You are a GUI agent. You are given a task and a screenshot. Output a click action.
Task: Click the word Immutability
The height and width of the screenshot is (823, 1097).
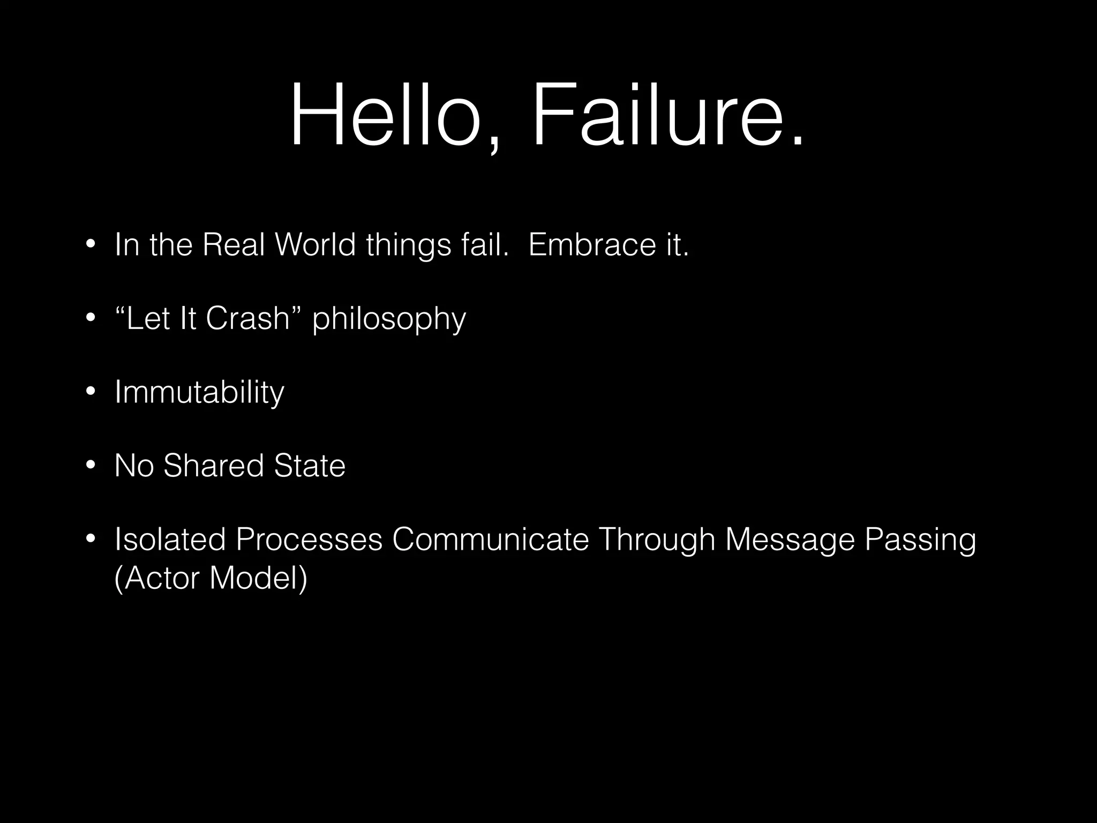[199, 392]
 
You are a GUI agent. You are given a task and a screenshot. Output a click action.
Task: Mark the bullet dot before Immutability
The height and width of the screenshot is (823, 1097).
[90, 392]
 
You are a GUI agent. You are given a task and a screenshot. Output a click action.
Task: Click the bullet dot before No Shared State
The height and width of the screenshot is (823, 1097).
[90, 465]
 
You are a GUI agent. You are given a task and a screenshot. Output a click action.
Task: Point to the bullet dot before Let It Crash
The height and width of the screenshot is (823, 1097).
[90, 318]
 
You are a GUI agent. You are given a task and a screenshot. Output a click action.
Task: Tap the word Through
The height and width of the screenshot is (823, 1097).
[657, 540]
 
